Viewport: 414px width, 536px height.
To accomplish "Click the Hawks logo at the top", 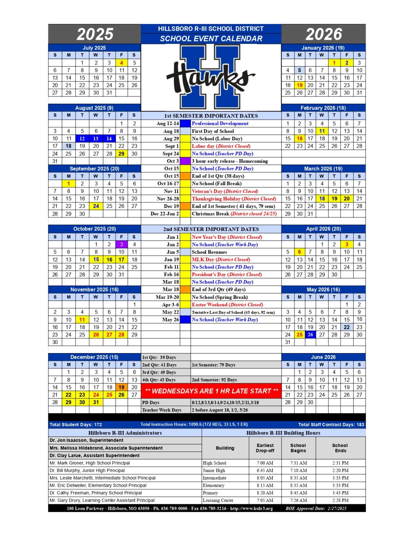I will [211, 77].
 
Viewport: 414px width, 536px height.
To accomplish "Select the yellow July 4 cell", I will [121, 63].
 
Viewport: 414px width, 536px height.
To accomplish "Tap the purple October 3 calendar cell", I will [121, 244].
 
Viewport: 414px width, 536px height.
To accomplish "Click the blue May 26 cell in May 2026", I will [310, 335].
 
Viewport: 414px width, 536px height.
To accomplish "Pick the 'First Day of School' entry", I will [213, 131].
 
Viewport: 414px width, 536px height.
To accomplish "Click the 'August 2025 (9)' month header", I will [94, 108].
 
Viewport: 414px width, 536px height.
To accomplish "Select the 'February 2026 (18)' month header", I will [323, 108].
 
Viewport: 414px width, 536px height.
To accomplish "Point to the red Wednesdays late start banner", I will [211, 391].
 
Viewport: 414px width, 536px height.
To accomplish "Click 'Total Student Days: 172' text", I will [76, 425].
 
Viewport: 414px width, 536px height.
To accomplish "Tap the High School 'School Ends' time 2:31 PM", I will [340, 463].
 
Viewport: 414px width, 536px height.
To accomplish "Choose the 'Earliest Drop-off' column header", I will [265, 448].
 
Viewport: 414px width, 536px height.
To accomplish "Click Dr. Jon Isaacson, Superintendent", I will [86, 440].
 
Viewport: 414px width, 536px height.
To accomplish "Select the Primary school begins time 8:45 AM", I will [299, 493].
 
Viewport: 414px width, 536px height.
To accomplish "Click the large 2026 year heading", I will [324, 34].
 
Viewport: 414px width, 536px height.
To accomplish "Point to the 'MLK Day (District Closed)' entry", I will [221, 260].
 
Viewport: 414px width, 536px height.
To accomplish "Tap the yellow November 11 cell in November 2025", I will [82, 320].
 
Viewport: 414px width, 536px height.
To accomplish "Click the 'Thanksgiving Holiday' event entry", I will [234, 199].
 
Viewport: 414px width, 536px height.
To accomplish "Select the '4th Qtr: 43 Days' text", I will [159, 380].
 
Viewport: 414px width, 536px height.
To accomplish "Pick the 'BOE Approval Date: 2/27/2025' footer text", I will [316, 508].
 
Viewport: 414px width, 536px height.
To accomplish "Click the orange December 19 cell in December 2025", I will [121, 387].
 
